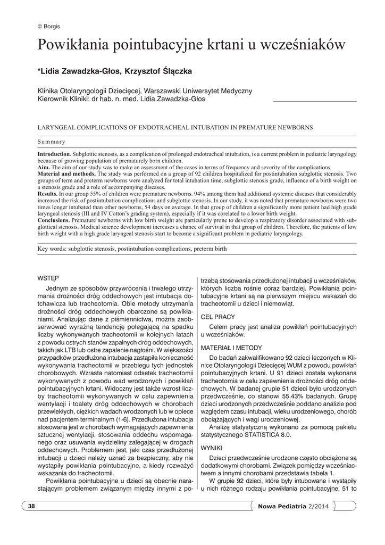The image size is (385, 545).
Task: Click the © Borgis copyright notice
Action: tap(49, 26)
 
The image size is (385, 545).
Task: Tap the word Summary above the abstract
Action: tap(51, 142)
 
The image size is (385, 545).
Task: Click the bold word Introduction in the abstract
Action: tap(53, 154)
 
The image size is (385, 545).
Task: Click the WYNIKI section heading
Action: tap(211, 448)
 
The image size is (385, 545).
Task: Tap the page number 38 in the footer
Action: tap(31, 506)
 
